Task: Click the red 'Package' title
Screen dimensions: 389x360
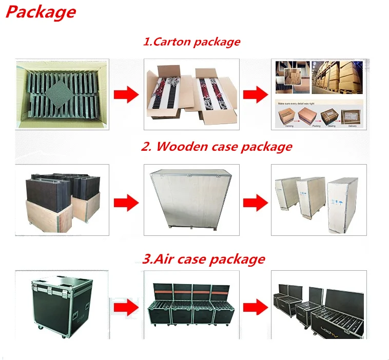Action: (x=41, y=12)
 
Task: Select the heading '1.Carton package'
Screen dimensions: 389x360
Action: (x=191, y=42)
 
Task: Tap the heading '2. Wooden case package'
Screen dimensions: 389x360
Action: (x=216, y=147)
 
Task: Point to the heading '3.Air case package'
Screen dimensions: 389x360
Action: (x=203, y=259)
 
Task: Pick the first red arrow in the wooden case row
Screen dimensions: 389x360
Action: (x=125, y=199)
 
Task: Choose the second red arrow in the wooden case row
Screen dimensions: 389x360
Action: (x=255, y=199)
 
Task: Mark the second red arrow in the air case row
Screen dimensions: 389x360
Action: (x=255, y=308)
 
